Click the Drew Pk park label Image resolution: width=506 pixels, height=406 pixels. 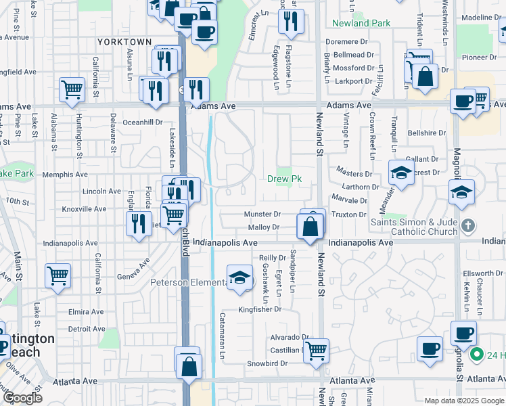(284, 179)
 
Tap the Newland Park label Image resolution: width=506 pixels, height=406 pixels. (361, 23)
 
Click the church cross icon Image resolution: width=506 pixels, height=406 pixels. (467, 225)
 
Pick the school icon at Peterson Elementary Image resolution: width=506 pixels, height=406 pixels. (239, 278)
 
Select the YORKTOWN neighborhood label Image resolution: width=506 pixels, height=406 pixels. (124, 42)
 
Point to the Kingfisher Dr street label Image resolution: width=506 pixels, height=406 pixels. (259, 309)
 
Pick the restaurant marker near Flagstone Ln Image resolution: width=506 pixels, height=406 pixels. (291, 22)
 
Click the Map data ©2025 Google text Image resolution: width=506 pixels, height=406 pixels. (464, 401)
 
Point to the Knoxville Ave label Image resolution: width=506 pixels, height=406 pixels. (84, 209)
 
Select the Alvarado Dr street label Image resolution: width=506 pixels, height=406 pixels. (289, 337)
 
